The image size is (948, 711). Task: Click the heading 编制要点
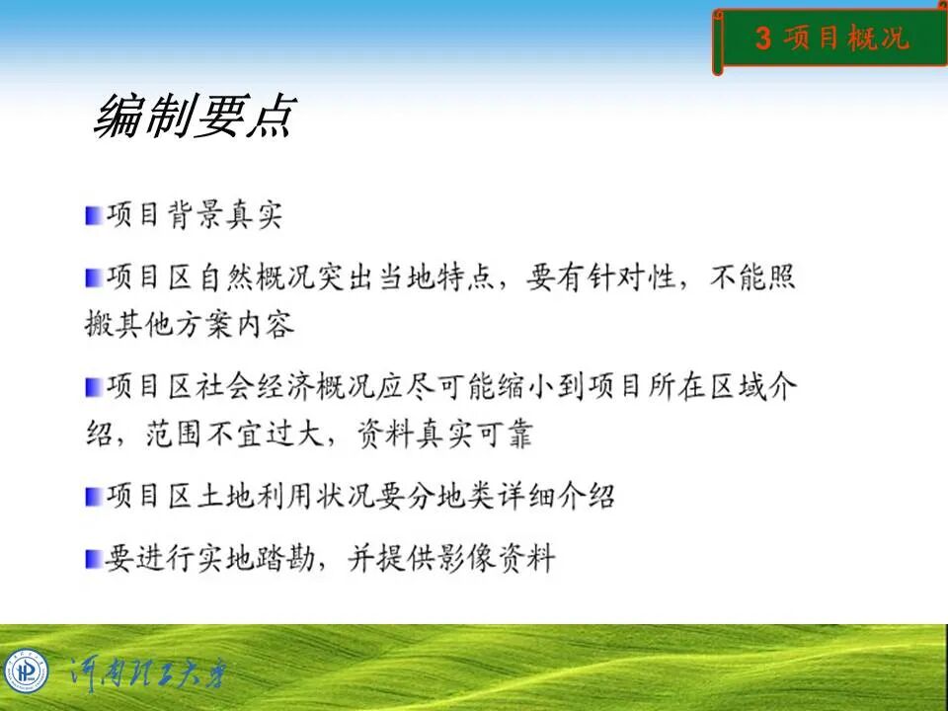pyautogui.click(x=194, y=117)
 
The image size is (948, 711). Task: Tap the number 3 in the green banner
pyautogui.click(x=762, y=39)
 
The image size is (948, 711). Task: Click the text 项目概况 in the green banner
pyautogui.click(x=845, y=39)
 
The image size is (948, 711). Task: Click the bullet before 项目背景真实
pyautogui.click(x=93, y=215)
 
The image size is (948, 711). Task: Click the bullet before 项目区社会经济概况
pyautogui.click(x=93, y=387)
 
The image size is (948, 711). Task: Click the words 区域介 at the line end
pyautogui.click(x=748, y=387)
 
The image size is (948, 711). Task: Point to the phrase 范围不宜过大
pyautogui.click(x=236, y=434)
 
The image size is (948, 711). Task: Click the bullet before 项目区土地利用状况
pyautogui.click(x=93, y=496)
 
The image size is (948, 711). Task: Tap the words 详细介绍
pyautogui.click(x=554, y=496)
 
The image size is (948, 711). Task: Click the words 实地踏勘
pyautogui.click(x=265, y=559)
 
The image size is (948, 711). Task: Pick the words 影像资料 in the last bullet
pyautogui.click(x=494, y=559)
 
